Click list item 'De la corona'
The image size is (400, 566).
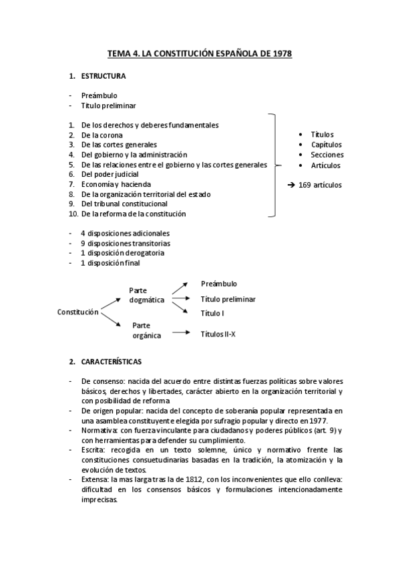(x=102, y=135)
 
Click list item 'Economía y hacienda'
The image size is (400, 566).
(x=116, y=184)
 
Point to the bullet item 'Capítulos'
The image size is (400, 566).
(x=326, y=144)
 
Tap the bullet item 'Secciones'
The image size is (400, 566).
(x=327, y=155)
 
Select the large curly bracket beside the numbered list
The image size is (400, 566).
(x=274, y=165)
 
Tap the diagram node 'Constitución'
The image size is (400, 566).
(x=78, y=312)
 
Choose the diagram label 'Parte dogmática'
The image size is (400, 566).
(x=146, y=295)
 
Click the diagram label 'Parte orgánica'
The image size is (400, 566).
(x=146, y=330)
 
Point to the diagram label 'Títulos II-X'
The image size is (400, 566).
(x=218, y=334)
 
